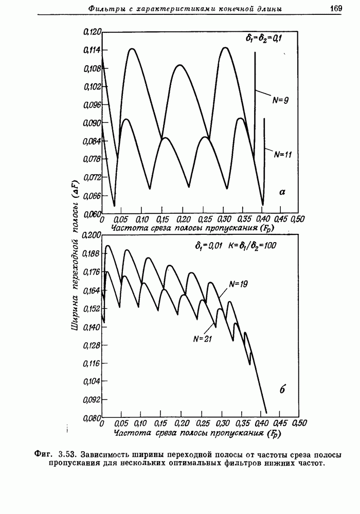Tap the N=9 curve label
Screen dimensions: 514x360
pyautogui.click(x=280, y=100)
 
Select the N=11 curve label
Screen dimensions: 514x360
pyautogui.click(x=283, y=154)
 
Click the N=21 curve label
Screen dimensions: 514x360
pyautogui.click(x=203, y=339)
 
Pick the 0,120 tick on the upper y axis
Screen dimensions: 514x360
pyautogui.click(x=93, y=32)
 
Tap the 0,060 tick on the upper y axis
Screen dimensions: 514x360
pyautogui.click(x=93, y=214)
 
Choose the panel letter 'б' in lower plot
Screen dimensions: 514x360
pyautogui.click(x=282, y=390)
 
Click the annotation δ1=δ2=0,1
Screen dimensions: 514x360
pyautogui.click(x=262, y=38)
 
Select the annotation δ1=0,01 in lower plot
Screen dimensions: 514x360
pyautogui.click(x=208, y=246)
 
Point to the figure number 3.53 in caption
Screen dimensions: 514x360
pyautogui.click(x=67, y=454)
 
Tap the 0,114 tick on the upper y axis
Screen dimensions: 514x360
pyautogui.click(x=93, y=50)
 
